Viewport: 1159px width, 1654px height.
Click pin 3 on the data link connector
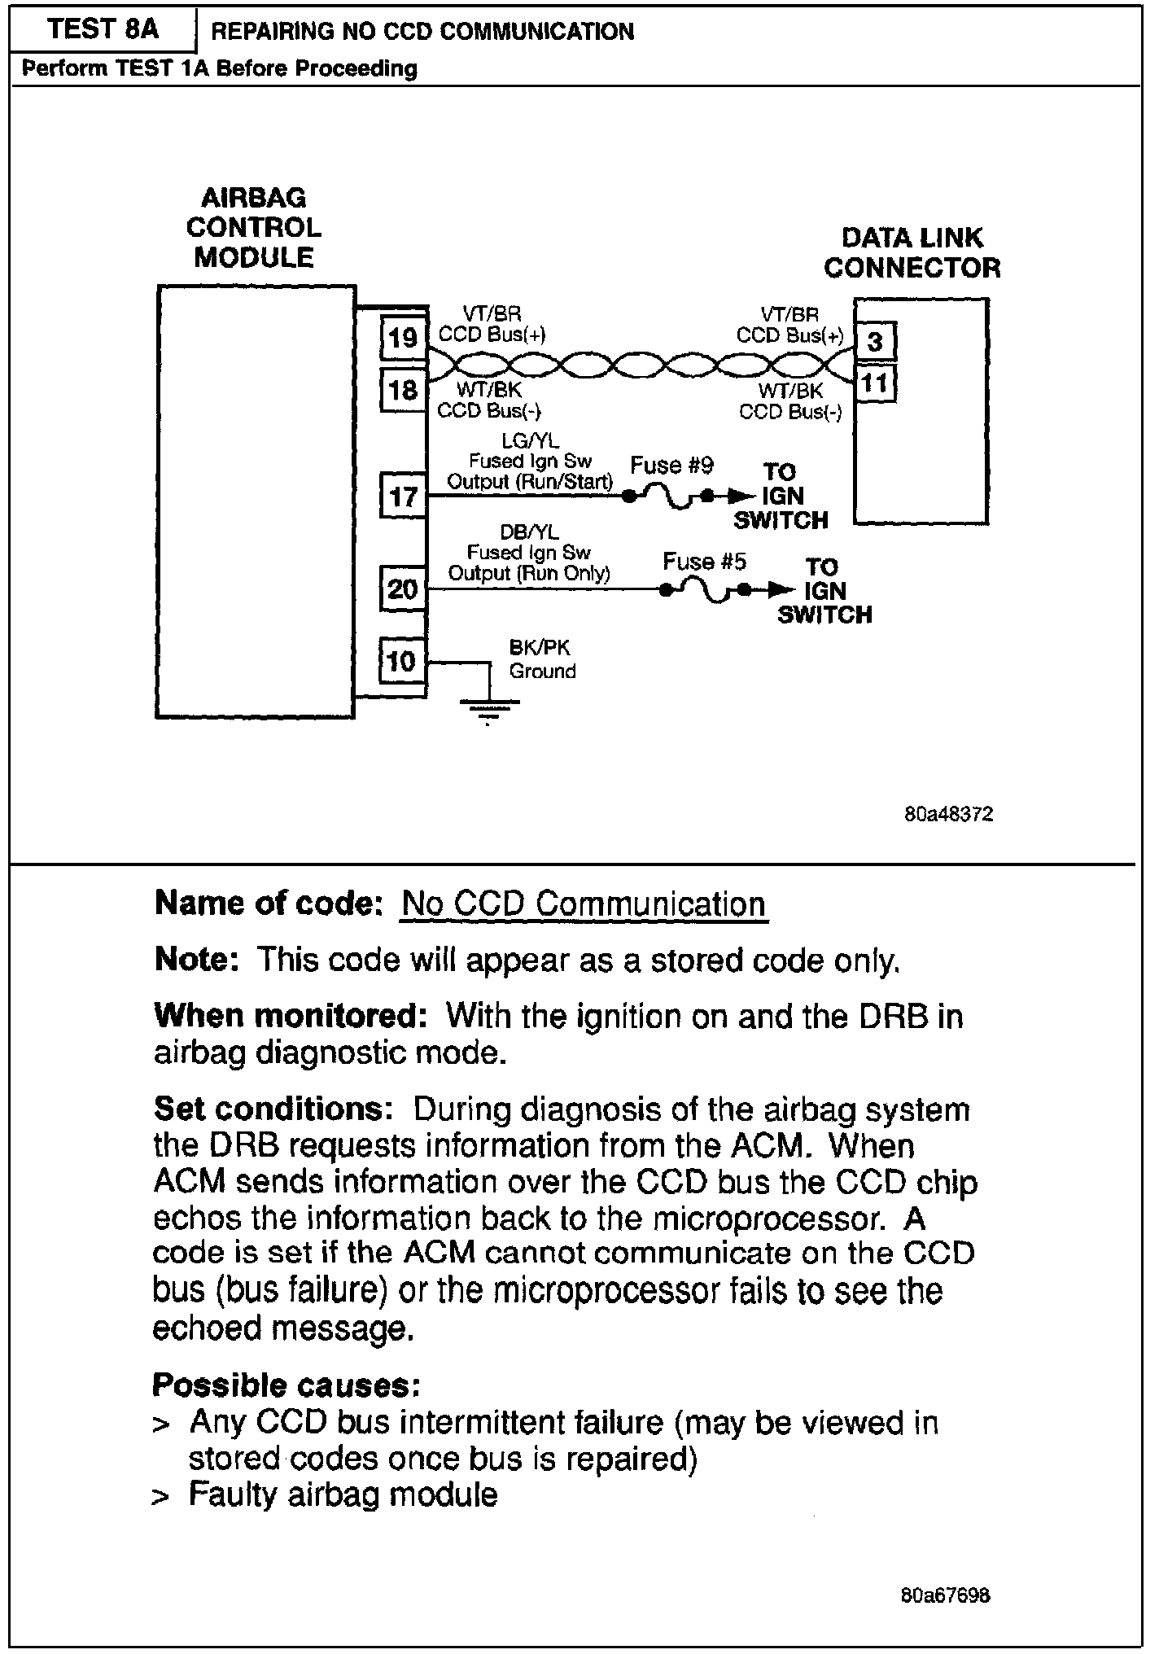point(875,341)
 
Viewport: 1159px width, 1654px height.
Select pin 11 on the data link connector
point(875,383)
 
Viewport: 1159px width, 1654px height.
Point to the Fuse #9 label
point(671,466)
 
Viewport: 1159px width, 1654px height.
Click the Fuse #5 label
point(704,562)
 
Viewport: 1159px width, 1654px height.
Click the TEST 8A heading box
point(103,30)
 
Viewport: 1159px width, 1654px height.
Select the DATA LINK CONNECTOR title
point(912,253)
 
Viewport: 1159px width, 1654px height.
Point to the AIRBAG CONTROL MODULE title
point(254,228)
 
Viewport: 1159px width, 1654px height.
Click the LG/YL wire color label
point(530,441)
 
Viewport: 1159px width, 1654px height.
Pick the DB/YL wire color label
point(529,532)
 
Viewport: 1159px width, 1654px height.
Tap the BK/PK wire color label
point(540,648)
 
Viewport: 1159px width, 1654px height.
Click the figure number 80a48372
point(948,815)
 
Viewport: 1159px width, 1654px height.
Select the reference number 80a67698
point(946,1595)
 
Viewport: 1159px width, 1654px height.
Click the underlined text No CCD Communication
point(584,904)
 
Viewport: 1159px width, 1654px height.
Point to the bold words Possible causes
point(286,1385)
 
